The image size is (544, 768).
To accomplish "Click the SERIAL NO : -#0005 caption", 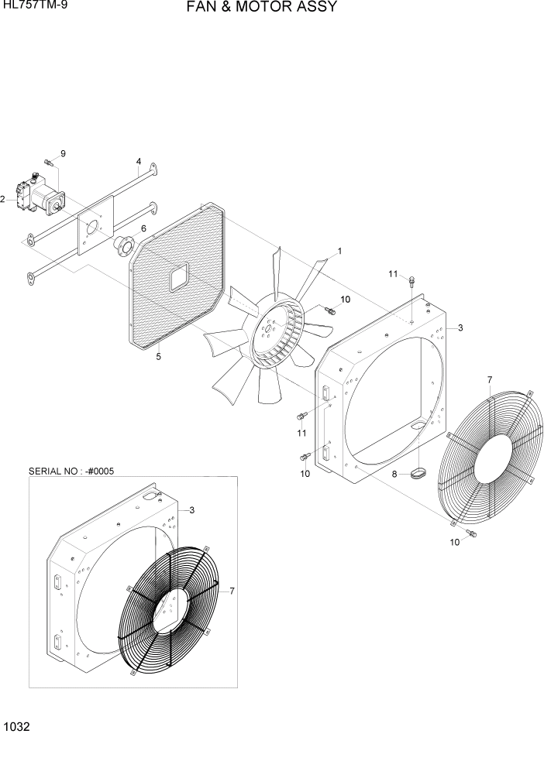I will click(x=71, y=470).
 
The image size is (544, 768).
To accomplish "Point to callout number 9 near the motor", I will click(x=64, y=153).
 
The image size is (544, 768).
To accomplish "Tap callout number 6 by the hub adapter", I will click(x=143, y=228).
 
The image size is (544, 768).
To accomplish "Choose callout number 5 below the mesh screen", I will click(x=158, y=357).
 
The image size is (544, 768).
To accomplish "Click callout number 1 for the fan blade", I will click(x=339, y=252).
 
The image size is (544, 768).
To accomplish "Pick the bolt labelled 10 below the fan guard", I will click(x=472, y=534).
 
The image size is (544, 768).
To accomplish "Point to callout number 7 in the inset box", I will click(x=232, y=591).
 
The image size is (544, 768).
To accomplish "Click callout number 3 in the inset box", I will click(x=191, y=509).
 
